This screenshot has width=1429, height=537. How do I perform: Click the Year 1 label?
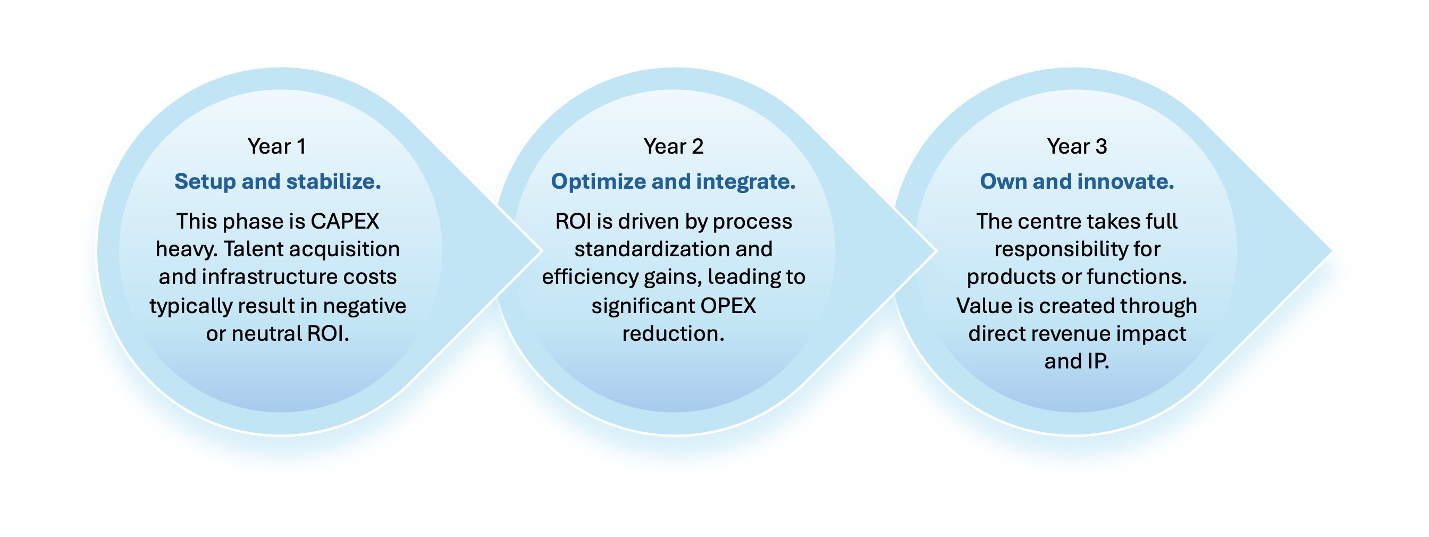(277, 146)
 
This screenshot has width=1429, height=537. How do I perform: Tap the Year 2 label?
(674, 146)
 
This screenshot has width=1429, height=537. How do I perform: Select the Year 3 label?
(1077, 146)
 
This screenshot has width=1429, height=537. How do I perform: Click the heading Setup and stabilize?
(278, 181)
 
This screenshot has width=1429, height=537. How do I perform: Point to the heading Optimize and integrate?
(674, 181)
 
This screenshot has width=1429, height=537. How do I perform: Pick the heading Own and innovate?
(1077, 181)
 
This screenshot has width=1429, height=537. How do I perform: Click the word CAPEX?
(344, 221)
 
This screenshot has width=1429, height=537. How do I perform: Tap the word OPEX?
(728, 306)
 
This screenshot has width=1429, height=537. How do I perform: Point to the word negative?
(365, 306)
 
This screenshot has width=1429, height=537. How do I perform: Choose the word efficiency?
(590, 277)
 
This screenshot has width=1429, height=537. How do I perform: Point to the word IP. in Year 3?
(1098, 361)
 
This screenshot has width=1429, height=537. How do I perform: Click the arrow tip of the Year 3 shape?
(1331, 251)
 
